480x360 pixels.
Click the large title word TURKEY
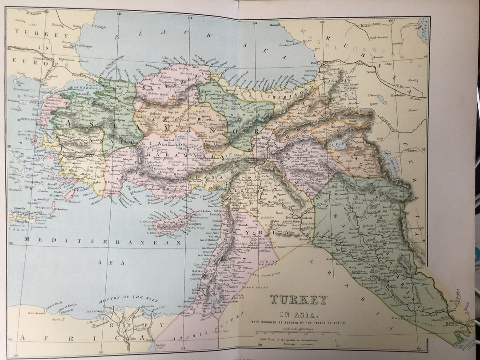click(299, 300)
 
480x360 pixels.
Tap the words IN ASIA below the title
click(299, 315)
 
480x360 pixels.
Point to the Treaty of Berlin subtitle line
click(299, 322)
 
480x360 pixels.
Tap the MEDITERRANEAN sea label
click(102, 241)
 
